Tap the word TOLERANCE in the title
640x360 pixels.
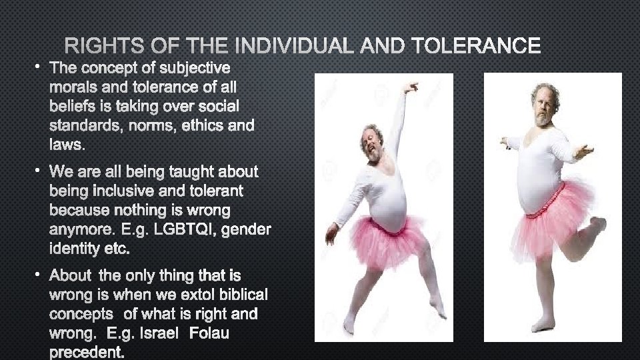tap(476, 46)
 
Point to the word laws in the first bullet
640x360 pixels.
tap(64, 144)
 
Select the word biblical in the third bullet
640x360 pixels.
tap(237, 295)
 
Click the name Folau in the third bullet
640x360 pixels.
tap(209, 333)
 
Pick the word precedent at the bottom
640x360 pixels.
tap(86, 351)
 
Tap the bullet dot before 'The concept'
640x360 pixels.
tap(39, 67)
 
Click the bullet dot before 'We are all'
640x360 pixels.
tap(39, 171)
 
